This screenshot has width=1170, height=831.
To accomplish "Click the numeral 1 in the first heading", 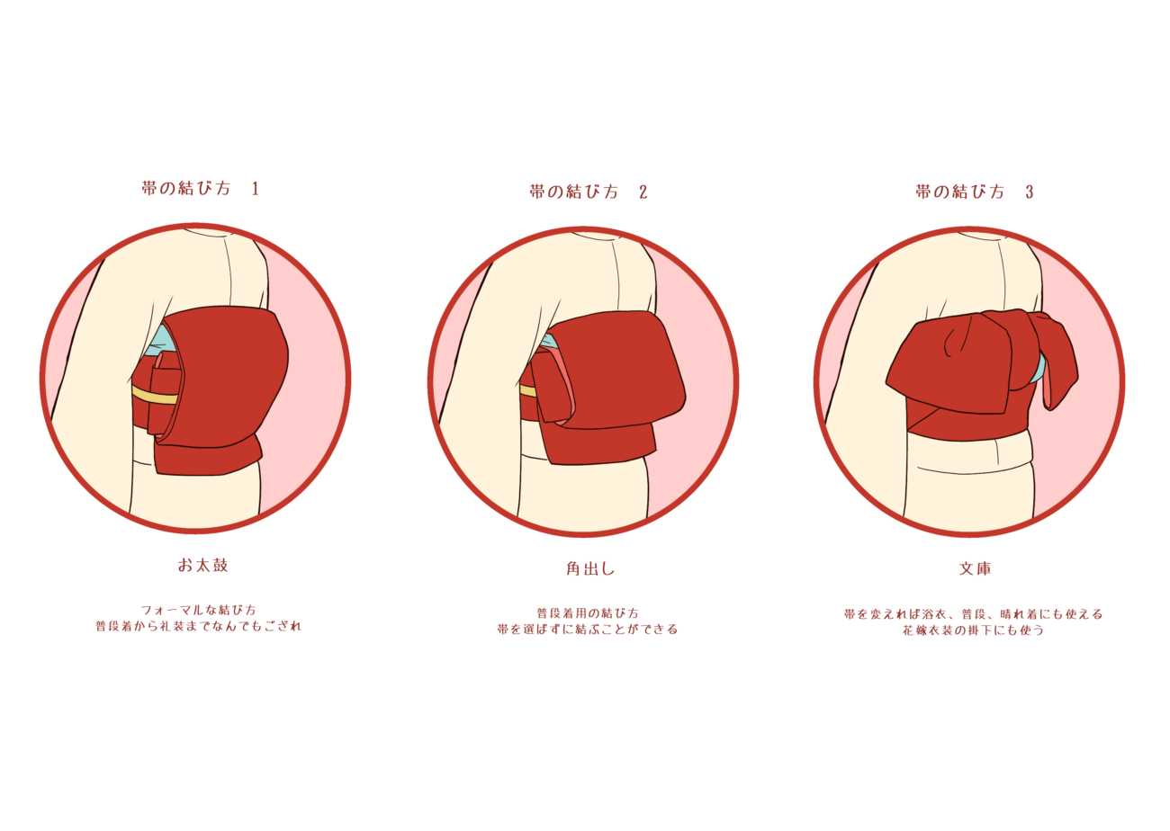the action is click(255, 189).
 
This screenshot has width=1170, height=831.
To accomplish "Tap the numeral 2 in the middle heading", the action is click(643, 192).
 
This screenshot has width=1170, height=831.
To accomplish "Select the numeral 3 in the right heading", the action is click(1029, 192).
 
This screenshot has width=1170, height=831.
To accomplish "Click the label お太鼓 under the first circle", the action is click(202, 566).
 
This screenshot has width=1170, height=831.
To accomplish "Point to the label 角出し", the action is click(590, 568).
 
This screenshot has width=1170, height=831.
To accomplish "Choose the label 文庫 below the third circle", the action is click(976, 568).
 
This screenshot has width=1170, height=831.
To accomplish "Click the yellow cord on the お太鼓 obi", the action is click(155, 395).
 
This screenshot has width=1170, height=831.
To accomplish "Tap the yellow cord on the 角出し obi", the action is click(528, 391).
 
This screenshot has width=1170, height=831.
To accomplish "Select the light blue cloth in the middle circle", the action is click(548, 341).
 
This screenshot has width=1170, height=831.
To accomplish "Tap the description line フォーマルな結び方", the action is click(199, 610).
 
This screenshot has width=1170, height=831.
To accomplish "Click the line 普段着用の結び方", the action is click(588, 612).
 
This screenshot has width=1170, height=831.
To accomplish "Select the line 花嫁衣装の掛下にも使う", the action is click(974, 630).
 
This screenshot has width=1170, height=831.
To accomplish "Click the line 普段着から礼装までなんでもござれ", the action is click(199, 626).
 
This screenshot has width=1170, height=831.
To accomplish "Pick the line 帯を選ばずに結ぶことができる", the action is click(588, 629).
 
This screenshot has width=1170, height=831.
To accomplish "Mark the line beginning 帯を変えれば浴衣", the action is click(973, 614).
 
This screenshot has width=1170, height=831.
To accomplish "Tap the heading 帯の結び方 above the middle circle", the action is click(573, 192).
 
